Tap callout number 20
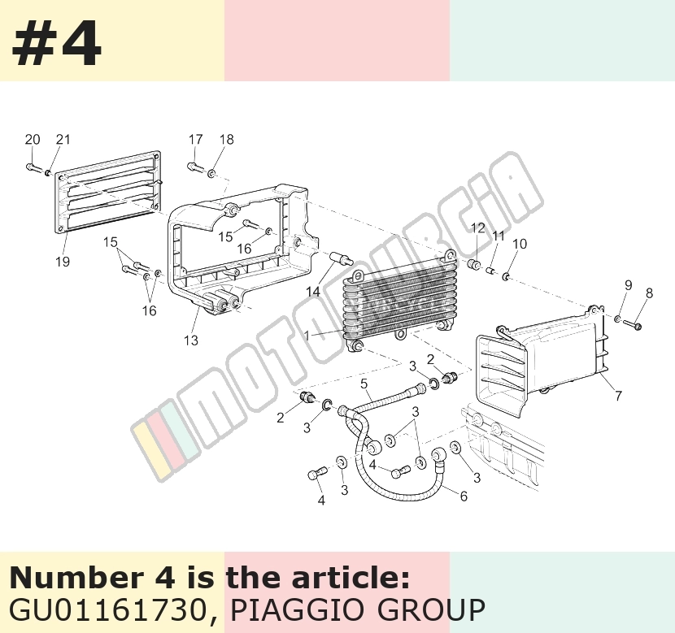coord(33,139)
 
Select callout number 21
coord(63,139)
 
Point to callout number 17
coord(195,139)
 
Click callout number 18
coord(226,139)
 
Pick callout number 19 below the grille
coord(63,261)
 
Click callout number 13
coord(190,340)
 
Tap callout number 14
coord(313,292)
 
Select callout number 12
coord(478,228)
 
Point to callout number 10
coord(520,244)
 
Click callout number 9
coord(628,285)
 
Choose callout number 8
coord(649,293)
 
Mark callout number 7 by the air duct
coord(619,395)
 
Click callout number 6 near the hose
coord(464,496)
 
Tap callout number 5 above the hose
coord(364,384)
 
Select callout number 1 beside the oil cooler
coord(307,336)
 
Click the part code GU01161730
coord(111,609)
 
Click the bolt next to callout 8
coord(632,325)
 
